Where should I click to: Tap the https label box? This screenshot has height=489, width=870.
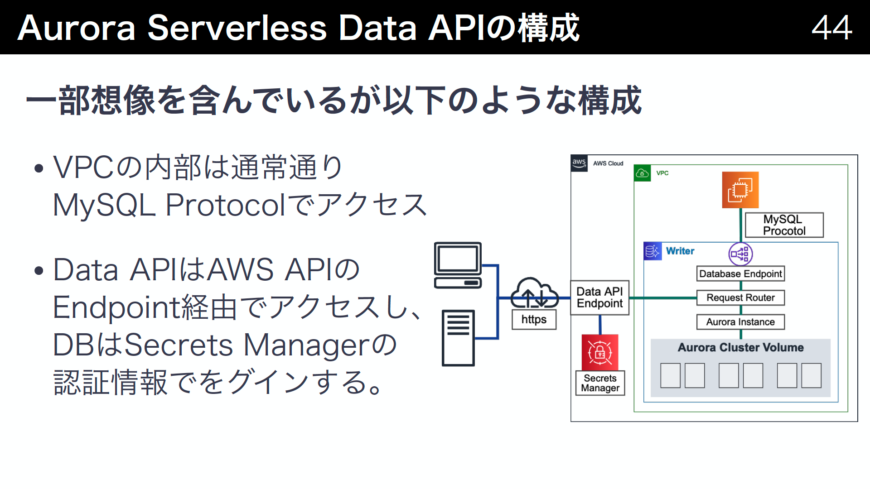534,320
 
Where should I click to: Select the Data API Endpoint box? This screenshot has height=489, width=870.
599,297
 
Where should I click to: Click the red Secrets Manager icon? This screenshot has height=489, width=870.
600,352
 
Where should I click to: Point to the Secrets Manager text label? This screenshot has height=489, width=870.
600,383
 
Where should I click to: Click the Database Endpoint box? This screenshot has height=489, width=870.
740,274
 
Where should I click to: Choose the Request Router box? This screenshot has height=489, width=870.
740,298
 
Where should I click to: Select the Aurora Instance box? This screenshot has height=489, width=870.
740,322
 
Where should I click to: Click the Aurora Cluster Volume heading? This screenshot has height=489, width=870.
740,347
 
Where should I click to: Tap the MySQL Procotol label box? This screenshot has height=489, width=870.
784,225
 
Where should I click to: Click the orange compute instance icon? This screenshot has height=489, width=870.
740,190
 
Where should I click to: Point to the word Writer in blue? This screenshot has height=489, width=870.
680,251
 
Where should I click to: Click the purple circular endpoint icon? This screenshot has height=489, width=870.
740,254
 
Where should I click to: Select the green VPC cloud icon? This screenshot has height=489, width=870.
642,173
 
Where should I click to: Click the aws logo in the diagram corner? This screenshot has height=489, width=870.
579,163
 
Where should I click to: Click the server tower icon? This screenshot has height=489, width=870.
458,338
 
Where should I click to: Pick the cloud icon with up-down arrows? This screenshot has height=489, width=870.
534,293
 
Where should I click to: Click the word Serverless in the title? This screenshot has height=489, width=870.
237,28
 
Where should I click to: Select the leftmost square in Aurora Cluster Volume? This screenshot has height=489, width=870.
670,375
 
